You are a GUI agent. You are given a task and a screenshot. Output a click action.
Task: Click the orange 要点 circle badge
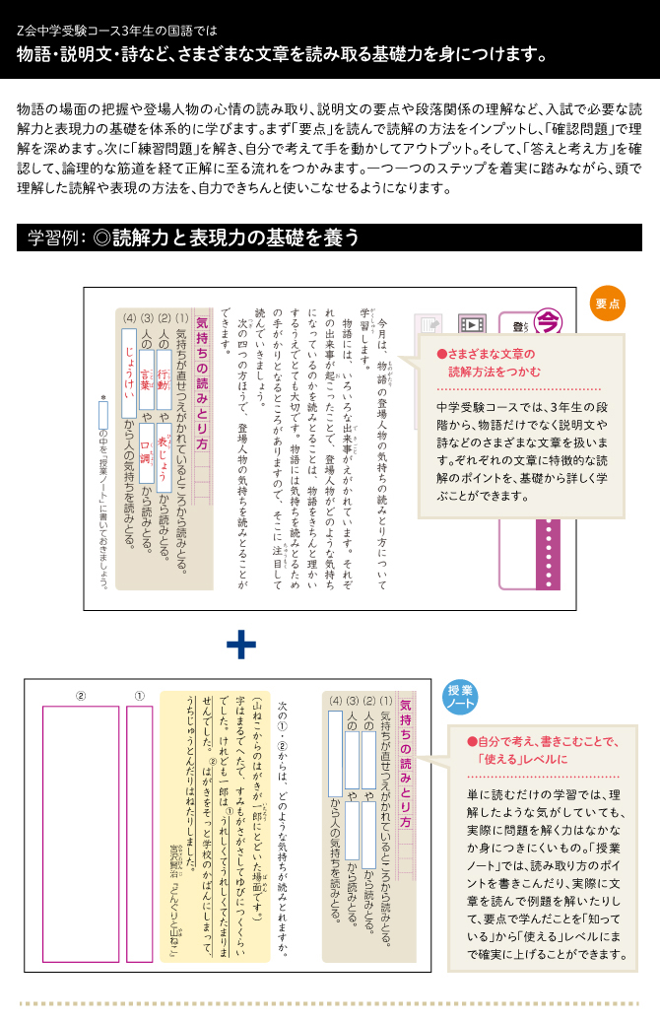pyautogui.click(x=608, y=305)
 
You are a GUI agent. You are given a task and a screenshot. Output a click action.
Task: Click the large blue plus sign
pyautogui.click(x=241, y=646)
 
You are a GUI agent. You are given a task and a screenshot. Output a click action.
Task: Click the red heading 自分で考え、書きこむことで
pyautogui.click(x=542, y=750)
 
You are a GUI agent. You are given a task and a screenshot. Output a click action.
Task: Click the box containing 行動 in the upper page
pyautogui.click(x=165, y=376)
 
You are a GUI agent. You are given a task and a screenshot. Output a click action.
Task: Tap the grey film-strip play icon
pyautogui.click(x=473, y=324)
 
